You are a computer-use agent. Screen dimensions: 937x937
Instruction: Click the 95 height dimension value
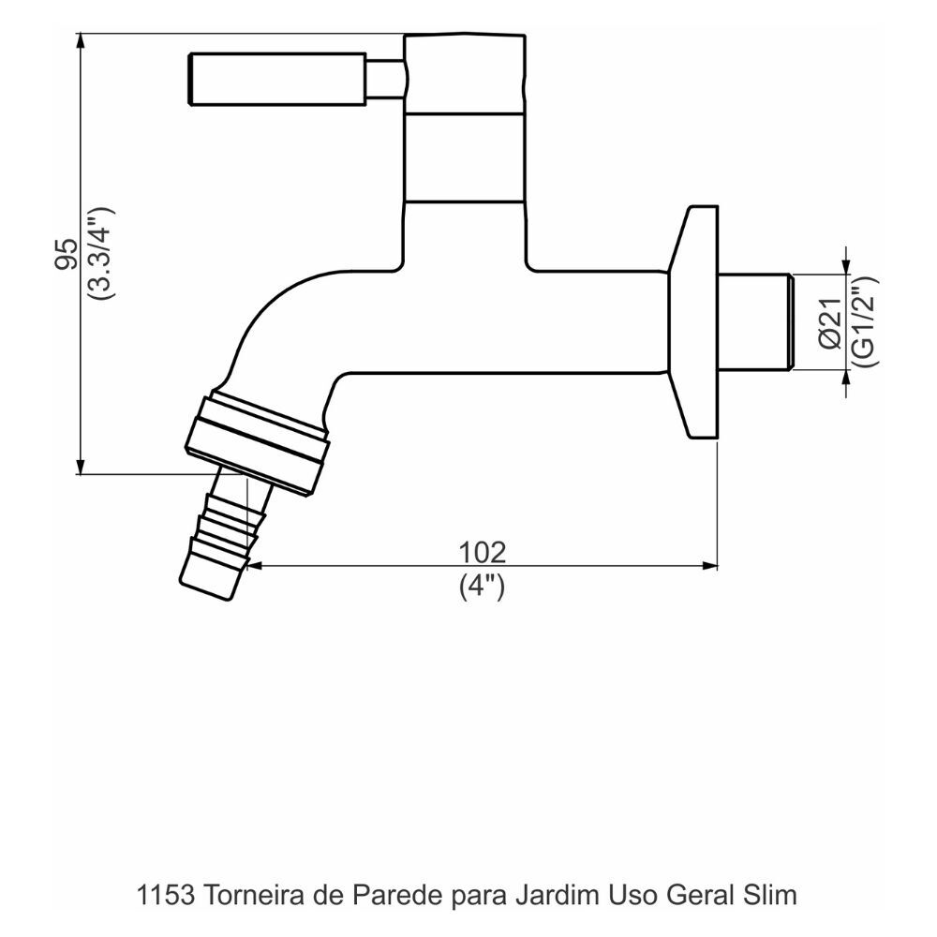(65, 254)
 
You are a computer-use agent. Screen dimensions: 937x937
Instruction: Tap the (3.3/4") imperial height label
(98, 253)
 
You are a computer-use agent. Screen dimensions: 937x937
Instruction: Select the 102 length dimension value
(482, 552)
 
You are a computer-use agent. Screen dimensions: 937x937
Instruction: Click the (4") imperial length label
(482, 587)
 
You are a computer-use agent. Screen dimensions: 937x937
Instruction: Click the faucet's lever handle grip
(276, 79)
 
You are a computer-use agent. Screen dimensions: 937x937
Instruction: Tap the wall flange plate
(693, 321)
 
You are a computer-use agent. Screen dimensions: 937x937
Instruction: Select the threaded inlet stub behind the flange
(755, 321)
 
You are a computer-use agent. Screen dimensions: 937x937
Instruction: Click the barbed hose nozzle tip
(211, 573)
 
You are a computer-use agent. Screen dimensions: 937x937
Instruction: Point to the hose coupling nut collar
(258, 443)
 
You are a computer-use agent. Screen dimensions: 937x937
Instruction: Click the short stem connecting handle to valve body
(384, 79)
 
